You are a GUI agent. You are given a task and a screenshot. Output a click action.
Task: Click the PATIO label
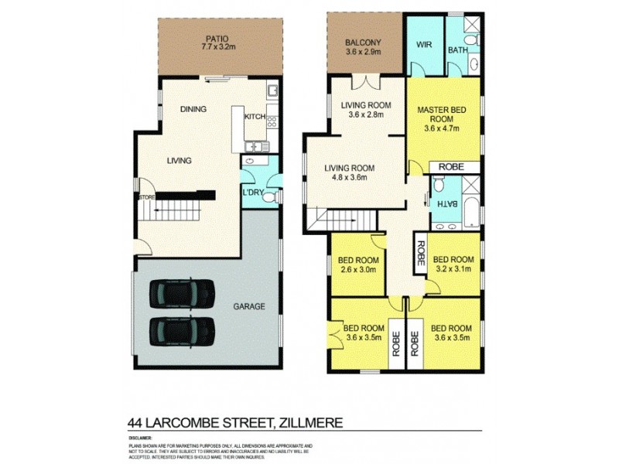(216, 38)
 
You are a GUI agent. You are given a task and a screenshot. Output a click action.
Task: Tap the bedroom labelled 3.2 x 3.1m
(452, 264)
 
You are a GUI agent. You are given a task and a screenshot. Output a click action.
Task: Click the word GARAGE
(249, 307)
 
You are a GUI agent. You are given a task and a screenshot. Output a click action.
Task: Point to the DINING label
(193, 109)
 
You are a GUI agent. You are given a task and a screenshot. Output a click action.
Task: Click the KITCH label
(255, 118)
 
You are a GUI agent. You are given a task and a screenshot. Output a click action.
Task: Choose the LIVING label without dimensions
(179, 161)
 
